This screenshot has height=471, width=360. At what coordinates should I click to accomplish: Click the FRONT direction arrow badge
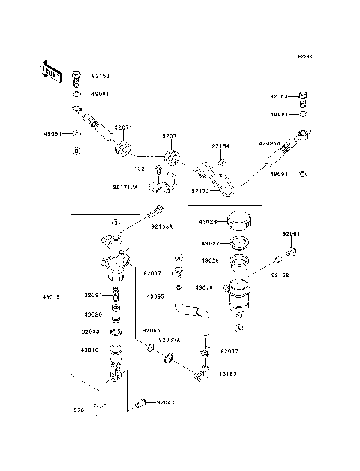pyautogui.click(x=52, y=72)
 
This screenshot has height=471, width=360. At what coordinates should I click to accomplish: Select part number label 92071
pyautogui.click(x=123, y=128)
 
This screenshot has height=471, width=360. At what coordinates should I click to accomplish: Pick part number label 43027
pyautogui.click(x=209, y=242)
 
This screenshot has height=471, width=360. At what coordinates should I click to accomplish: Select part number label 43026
pyautogui.click(x=209, y=260)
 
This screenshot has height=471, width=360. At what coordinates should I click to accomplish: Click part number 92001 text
pyautogui.click(x=291, y=234)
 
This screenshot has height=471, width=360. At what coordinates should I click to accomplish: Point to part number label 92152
pyautogui.click(x=290, y=275)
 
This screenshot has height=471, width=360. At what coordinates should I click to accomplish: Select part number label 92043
pyautogui.click(x=166, y=403)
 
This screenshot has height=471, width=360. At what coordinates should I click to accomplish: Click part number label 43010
pyautogui.click(x=90, y=350)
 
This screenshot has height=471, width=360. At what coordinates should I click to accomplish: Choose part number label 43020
pyautogui.click(x=92, y=314)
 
